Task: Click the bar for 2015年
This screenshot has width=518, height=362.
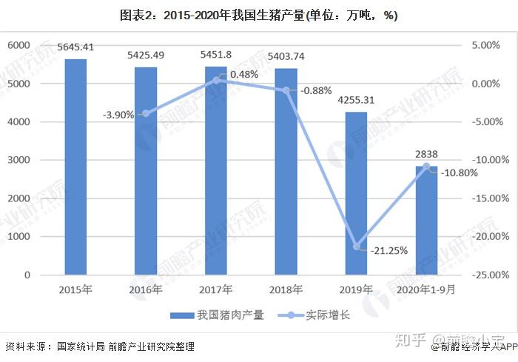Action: pos(75,167)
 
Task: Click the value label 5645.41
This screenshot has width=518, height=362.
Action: pos(75,48)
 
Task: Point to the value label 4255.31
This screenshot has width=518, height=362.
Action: pos(357,100)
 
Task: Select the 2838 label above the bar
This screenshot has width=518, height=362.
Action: pos(427,154)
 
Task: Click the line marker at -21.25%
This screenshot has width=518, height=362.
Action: pos(356,247)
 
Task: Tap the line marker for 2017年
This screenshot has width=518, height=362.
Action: pos(216,80)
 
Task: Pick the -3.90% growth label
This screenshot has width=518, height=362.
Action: pos(118,115)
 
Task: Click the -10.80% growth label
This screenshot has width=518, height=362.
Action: pos(460,173)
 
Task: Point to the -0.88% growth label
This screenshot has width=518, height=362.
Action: pos(316,90)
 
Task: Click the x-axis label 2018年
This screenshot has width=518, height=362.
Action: pos(286,289)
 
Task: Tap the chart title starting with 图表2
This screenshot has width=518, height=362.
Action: pos(258,16)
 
